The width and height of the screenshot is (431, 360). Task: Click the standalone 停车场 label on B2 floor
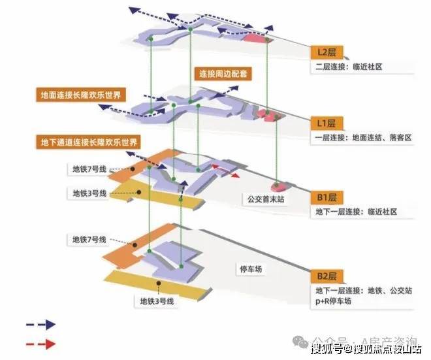[x=251, y=269]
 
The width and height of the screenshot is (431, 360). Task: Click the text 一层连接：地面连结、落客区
[x=363, y=138]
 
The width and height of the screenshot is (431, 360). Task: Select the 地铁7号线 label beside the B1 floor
[x=89, y=169]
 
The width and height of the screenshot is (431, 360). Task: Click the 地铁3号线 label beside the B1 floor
[x=89, y=193]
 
